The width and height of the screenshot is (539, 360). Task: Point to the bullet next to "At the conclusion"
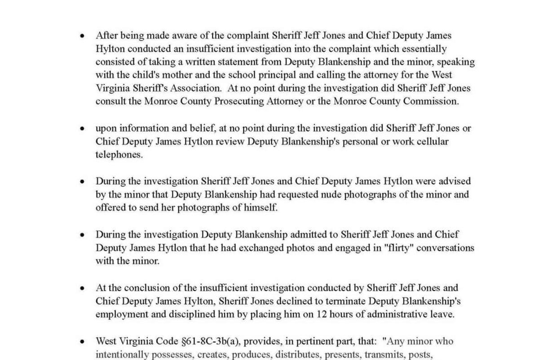click(x=82, y=288)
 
